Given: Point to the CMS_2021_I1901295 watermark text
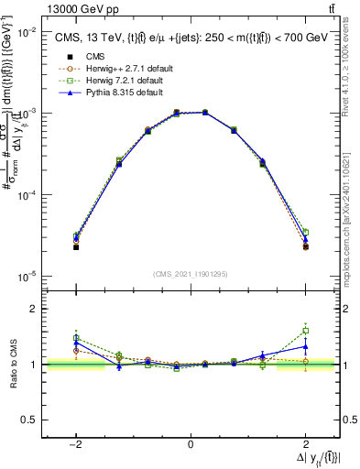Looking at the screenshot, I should pyautogui.click(x=190, y=274).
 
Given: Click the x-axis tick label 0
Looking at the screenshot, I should pyautogui.click(x=191, y=443).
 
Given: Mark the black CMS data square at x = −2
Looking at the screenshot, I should pyautogui.click(x=76, y=247).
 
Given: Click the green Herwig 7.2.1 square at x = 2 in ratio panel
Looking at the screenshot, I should pyautogui.click(x=305, y=331).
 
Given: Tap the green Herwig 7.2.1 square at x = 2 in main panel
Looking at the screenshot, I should pyautogui.click(x=305, y=233).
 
